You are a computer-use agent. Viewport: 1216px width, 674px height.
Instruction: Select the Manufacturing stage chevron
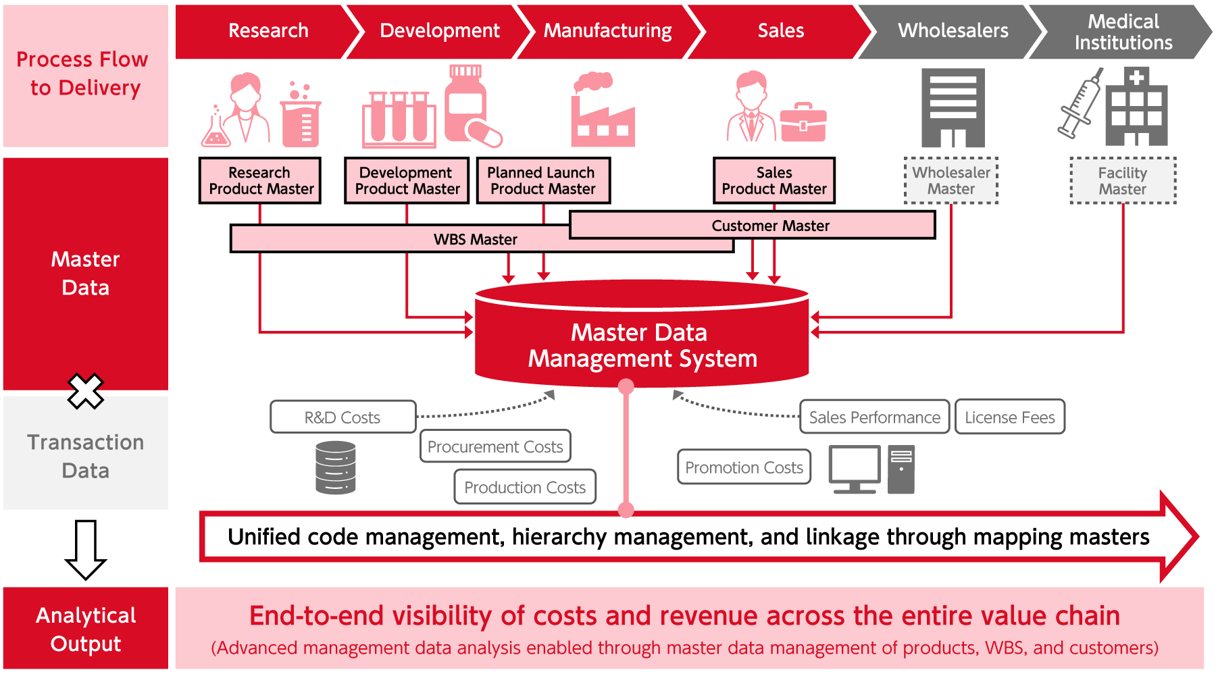point(608,31)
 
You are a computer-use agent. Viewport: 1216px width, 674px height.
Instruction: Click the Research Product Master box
point(260,180)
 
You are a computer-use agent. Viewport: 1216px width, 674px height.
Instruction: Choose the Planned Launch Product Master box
point(543,180)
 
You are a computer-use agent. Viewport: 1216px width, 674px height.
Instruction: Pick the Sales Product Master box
point(774,180)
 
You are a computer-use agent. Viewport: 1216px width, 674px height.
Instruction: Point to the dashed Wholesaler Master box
point(951,180)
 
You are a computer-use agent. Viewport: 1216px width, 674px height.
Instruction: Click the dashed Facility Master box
point(1123,180)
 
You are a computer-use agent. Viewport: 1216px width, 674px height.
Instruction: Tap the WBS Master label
point(476,240)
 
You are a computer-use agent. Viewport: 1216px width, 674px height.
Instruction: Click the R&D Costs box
point(343,417)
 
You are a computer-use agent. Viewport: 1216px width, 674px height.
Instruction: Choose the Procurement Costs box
point(495,446)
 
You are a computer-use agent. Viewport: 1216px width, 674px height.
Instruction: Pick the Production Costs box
point(525,487)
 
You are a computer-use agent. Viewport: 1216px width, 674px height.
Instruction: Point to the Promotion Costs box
point(744,467)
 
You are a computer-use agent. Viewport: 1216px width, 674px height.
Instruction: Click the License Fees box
point(1009,417)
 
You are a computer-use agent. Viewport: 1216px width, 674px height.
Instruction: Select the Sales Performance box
point(874,417)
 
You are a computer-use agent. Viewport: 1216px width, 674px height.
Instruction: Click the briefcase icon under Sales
point(803,122)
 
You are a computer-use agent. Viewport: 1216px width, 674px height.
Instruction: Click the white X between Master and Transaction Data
point(86,391)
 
